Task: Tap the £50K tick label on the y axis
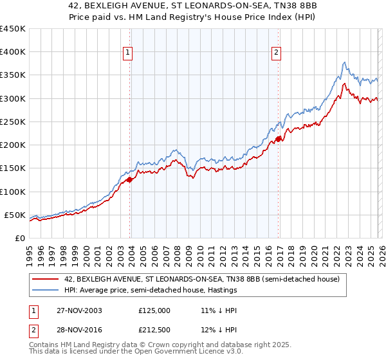click(14, 215)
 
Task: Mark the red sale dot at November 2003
click(130, 180)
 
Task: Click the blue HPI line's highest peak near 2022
click(345, 62)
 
